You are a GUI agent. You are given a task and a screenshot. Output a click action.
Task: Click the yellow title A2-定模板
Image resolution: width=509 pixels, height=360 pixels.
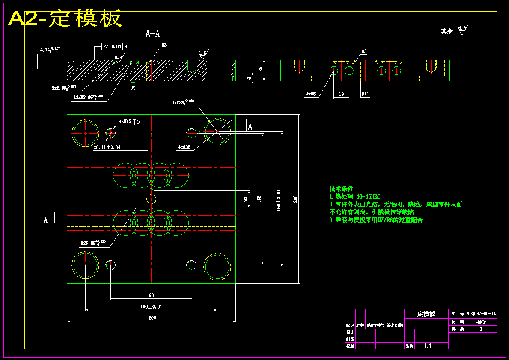coord(65,18)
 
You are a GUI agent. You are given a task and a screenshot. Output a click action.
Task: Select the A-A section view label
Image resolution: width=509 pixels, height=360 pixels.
coord(153,34)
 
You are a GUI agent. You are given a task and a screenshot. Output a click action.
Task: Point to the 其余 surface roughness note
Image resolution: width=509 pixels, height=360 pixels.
coord(447,31)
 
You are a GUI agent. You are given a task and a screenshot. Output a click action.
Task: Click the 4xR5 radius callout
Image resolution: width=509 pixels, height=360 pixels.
coord(311,93)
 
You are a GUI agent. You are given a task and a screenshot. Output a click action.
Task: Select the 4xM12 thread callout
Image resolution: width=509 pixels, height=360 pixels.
coord(125,122)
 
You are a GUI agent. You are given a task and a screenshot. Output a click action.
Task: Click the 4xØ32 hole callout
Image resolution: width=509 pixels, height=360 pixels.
coord(185,147)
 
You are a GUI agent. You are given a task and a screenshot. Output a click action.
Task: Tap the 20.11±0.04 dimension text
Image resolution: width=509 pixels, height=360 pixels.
coord(107,147)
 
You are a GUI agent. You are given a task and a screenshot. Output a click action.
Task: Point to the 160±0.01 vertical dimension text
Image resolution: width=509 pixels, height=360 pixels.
coord(278,200)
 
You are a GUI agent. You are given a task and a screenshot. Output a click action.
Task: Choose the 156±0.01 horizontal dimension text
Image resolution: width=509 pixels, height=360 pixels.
coord(151,306)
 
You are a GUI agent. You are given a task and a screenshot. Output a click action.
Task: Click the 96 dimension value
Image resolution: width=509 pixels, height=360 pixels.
coord(151,295)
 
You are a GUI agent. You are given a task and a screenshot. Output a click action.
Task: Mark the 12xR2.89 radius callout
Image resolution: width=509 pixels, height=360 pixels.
coord(88,98)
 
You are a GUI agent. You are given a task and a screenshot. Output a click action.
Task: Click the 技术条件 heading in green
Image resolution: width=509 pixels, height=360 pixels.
coord(341,188)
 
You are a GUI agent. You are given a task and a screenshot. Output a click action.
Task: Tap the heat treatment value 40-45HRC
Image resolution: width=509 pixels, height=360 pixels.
coord(368,196)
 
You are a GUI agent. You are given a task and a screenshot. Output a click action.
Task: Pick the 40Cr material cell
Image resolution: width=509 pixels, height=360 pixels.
coord(481,322)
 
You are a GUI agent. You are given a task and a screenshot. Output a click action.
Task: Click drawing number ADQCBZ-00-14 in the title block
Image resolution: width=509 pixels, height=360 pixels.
coord(481,314)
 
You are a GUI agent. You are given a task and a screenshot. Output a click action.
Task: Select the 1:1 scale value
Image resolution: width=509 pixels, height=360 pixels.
coord(427,345)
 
